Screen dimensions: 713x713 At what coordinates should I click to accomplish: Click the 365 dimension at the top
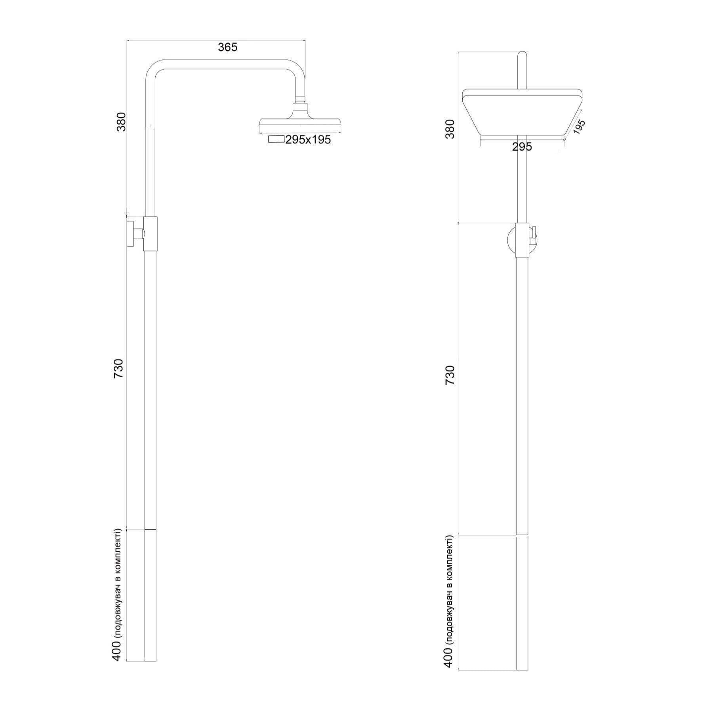click(x=227, y=47)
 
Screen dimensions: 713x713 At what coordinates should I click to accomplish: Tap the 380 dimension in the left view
click(x=121, y=122)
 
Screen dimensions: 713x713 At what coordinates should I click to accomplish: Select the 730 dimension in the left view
click(x=119, y=368)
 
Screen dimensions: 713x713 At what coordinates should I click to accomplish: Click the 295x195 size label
click(x=308, y=140)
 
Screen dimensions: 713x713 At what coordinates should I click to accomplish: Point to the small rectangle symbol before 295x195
click(x=276, y=139)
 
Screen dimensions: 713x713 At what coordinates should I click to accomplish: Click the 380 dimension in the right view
click(x=450, y=128)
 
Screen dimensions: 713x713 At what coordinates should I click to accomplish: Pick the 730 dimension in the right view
click(x=450, y=376)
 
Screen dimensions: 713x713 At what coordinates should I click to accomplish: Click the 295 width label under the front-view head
click(x=522, y=147)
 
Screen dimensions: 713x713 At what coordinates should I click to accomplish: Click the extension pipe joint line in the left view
click(x=150, y=529)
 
